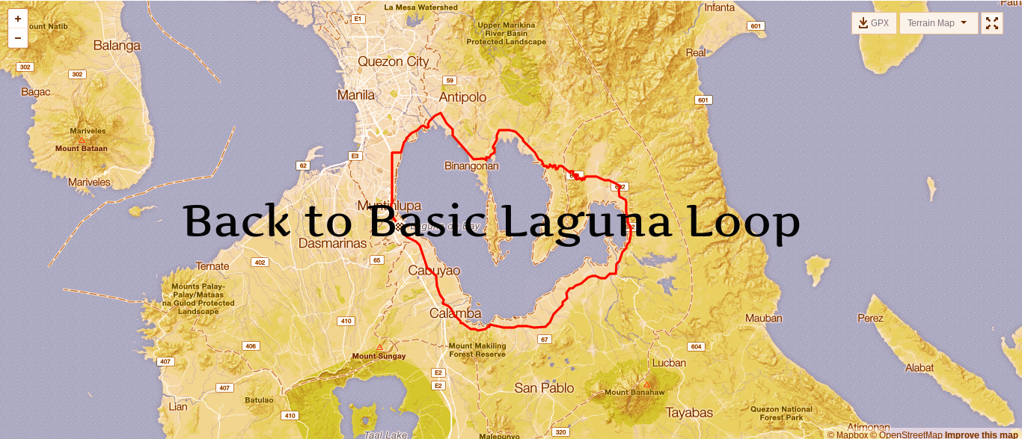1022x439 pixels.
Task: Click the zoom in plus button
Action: point(18,19)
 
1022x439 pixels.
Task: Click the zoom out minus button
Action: point(18,37)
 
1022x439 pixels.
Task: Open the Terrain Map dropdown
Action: point(938,23)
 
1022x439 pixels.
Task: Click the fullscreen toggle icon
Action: point(992,23)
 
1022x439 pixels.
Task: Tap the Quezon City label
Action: point(394,61)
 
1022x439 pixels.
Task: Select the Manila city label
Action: point(356,95)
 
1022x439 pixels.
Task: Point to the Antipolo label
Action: point(462,97)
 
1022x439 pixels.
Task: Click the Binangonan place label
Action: point(471,165)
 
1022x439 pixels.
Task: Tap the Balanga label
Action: point(117,46)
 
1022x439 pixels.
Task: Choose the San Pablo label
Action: point(544,387)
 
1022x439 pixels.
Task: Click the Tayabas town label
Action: point(689,412)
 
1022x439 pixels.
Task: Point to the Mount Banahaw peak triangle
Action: point(646,384)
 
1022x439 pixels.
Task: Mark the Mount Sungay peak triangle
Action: point(379,347)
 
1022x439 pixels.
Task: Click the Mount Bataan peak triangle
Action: point(82,140)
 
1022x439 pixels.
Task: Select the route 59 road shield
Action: point(450,81)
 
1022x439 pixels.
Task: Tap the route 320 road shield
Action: point(560,432)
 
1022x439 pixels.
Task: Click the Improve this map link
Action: point(981,435)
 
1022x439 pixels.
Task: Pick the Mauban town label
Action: point(763,319)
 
